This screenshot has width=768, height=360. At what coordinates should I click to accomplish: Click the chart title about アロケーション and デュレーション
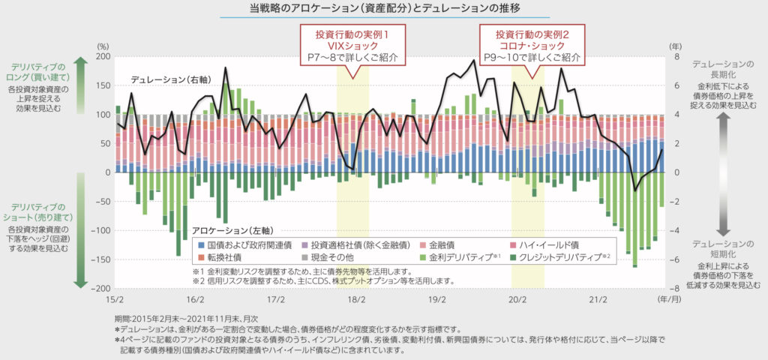(x=384, y=9)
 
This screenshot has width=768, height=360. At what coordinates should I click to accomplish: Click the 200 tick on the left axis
(x=103, y=57)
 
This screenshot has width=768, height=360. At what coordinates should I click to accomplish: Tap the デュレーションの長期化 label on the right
(x=723, y=69)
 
